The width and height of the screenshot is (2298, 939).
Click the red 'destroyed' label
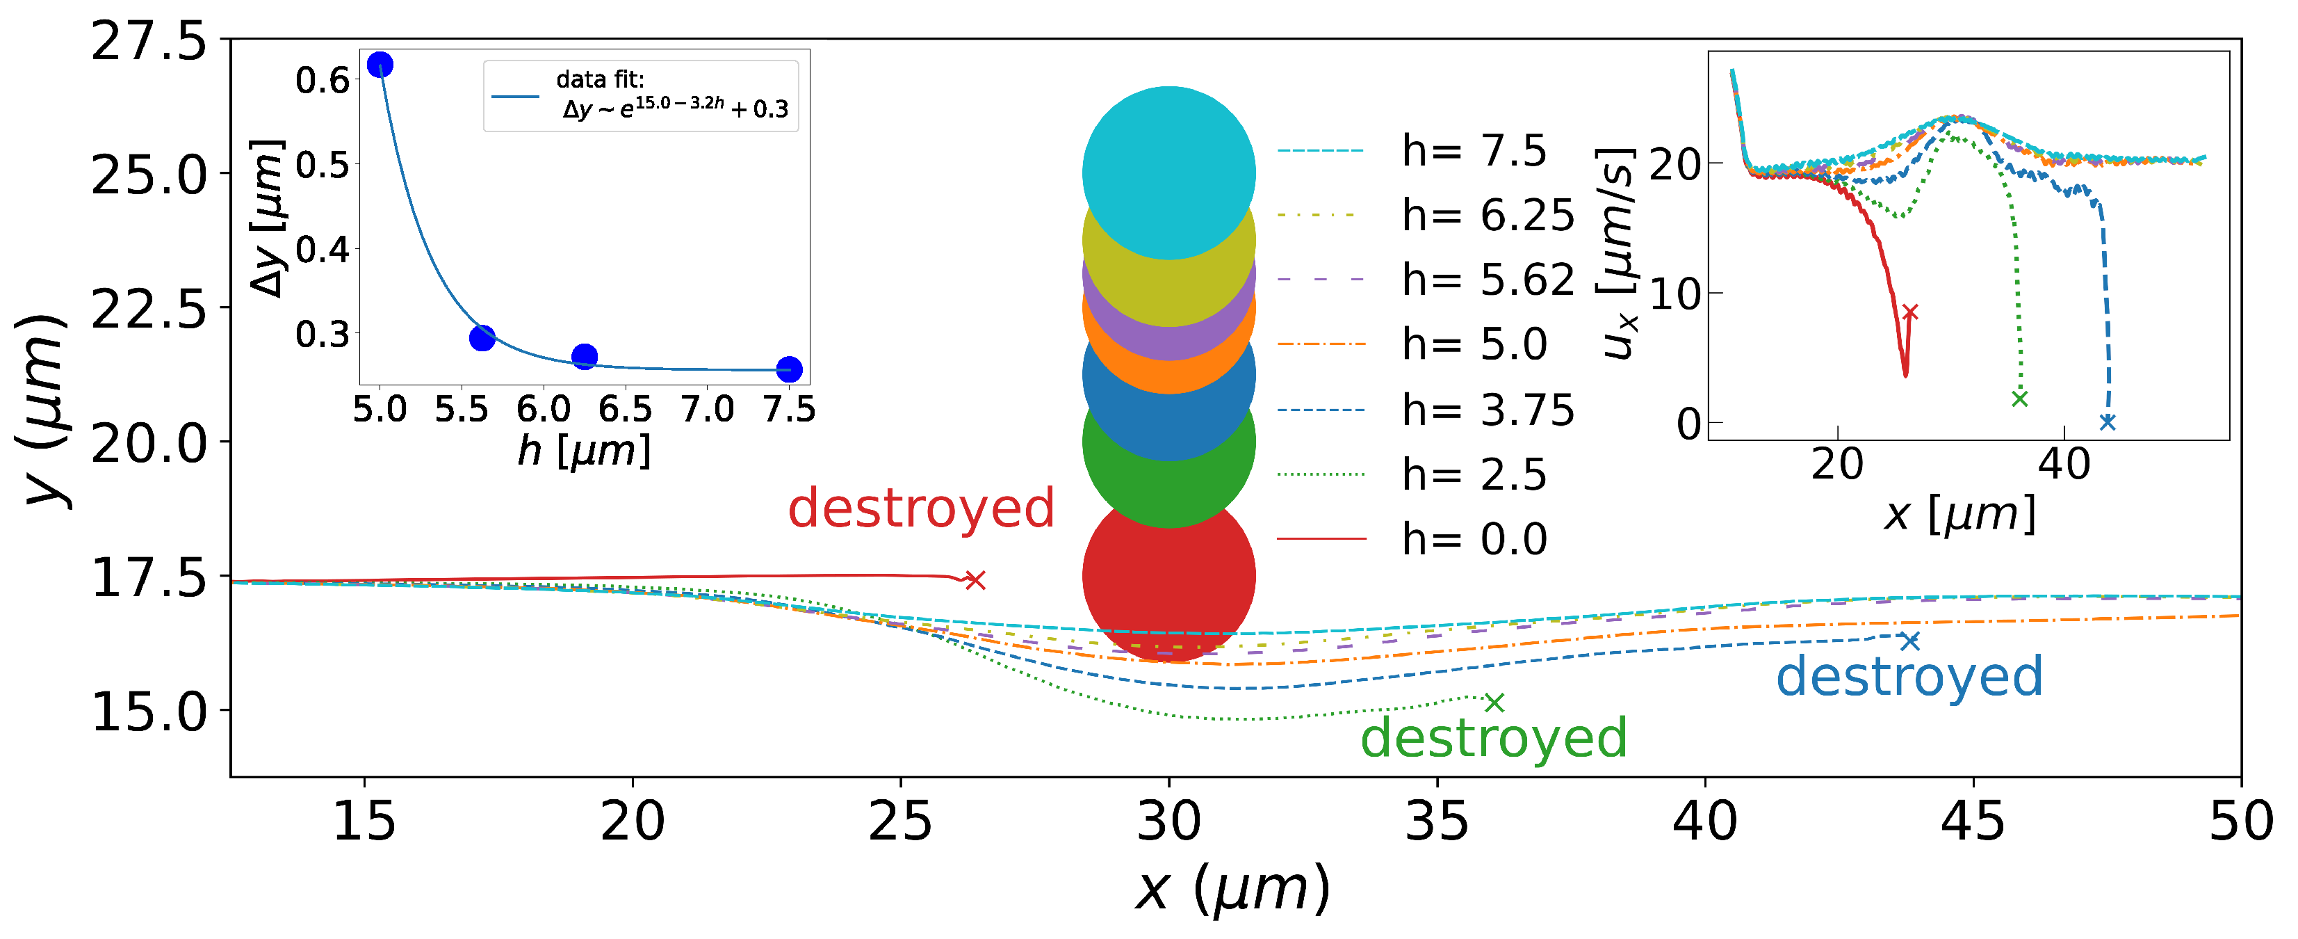[x=920, y=508]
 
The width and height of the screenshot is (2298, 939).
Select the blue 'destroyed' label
[x=1909, y=677]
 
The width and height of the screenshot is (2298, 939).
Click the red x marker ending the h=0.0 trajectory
[x=975, y=580]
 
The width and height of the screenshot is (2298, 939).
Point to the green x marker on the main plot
[x=1494, y=703]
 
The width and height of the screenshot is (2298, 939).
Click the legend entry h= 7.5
[x=1474, y=151]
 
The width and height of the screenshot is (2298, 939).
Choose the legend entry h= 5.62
[x=1487, y=280]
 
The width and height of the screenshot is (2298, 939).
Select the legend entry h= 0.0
[x=1474, y=539]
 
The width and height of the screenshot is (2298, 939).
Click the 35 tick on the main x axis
[x=1436, y=821]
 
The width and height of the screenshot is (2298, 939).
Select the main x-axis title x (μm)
[x=1233, y=889]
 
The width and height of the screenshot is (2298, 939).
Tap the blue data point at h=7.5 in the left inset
[x=789, y=369]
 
